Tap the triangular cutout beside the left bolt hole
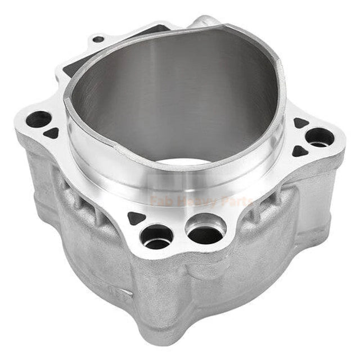pyautogui.click(x=52, y=133)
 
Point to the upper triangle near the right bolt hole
pyautogui.click(x=301, y=123)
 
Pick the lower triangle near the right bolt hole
pyautogui.click(x=300, y=151)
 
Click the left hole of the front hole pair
pyautogui.click(x=157, y=236)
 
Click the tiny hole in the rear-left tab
pyautogui.click(x=98, y=39)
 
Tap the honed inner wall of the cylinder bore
pyautogui.click(x=169, y=96)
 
